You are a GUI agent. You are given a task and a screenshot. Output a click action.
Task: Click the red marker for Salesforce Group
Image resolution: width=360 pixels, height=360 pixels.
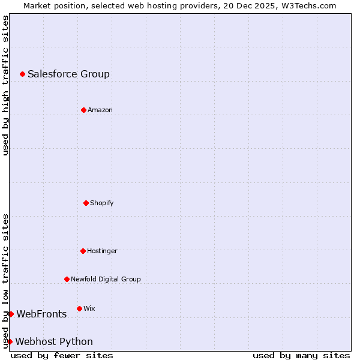22,74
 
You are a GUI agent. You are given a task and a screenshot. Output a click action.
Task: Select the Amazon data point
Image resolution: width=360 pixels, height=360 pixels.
83,110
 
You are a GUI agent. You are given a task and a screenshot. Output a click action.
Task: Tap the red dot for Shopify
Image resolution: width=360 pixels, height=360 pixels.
86,203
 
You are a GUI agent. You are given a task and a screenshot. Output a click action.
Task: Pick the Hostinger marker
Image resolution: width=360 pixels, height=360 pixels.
83,251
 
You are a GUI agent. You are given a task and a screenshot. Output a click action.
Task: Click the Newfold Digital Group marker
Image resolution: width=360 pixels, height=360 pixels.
67,279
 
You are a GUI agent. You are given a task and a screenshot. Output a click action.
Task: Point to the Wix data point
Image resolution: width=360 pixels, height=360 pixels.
79,308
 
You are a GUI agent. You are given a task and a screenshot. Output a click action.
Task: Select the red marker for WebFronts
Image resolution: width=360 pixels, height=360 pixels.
11,314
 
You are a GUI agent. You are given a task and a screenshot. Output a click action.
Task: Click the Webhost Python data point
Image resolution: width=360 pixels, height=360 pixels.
10,341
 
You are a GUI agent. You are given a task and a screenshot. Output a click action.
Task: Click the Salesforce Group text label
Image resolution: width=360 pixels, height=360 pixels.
68,74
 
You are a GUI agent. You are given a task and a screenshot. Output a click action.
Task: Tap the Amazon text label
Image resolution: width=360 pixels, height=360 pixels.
100,110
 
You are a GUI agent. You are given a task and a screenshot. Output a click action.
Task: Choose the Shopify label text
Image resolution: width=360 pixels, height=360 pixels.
102,203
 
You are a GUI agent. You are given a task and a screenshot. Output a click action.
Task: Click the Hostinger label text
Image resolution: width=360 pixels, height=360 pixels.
102,251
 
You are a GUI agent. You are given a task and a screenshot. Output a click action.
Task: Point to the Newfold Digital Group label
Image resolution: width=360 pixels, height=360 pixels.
106,280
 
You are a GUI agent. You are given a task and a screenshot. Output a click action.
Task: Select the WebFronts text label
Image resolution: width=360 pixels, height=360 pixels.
41,314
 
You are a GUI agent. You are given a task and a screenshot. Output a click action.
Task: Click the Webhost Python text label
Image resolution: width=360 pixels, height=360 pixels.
54,342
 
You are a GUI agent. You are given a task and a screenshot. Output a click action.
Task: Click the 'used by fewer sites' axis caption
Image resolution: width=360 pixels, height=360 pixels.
62,355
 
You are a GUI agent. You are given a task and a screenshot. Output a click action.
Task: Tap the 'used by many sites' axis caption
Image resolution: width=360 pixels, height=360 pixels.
301,355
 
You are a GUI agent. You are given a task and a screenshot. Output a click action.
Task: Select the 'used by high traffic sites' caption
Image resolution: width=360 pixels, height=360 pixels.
5,85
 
